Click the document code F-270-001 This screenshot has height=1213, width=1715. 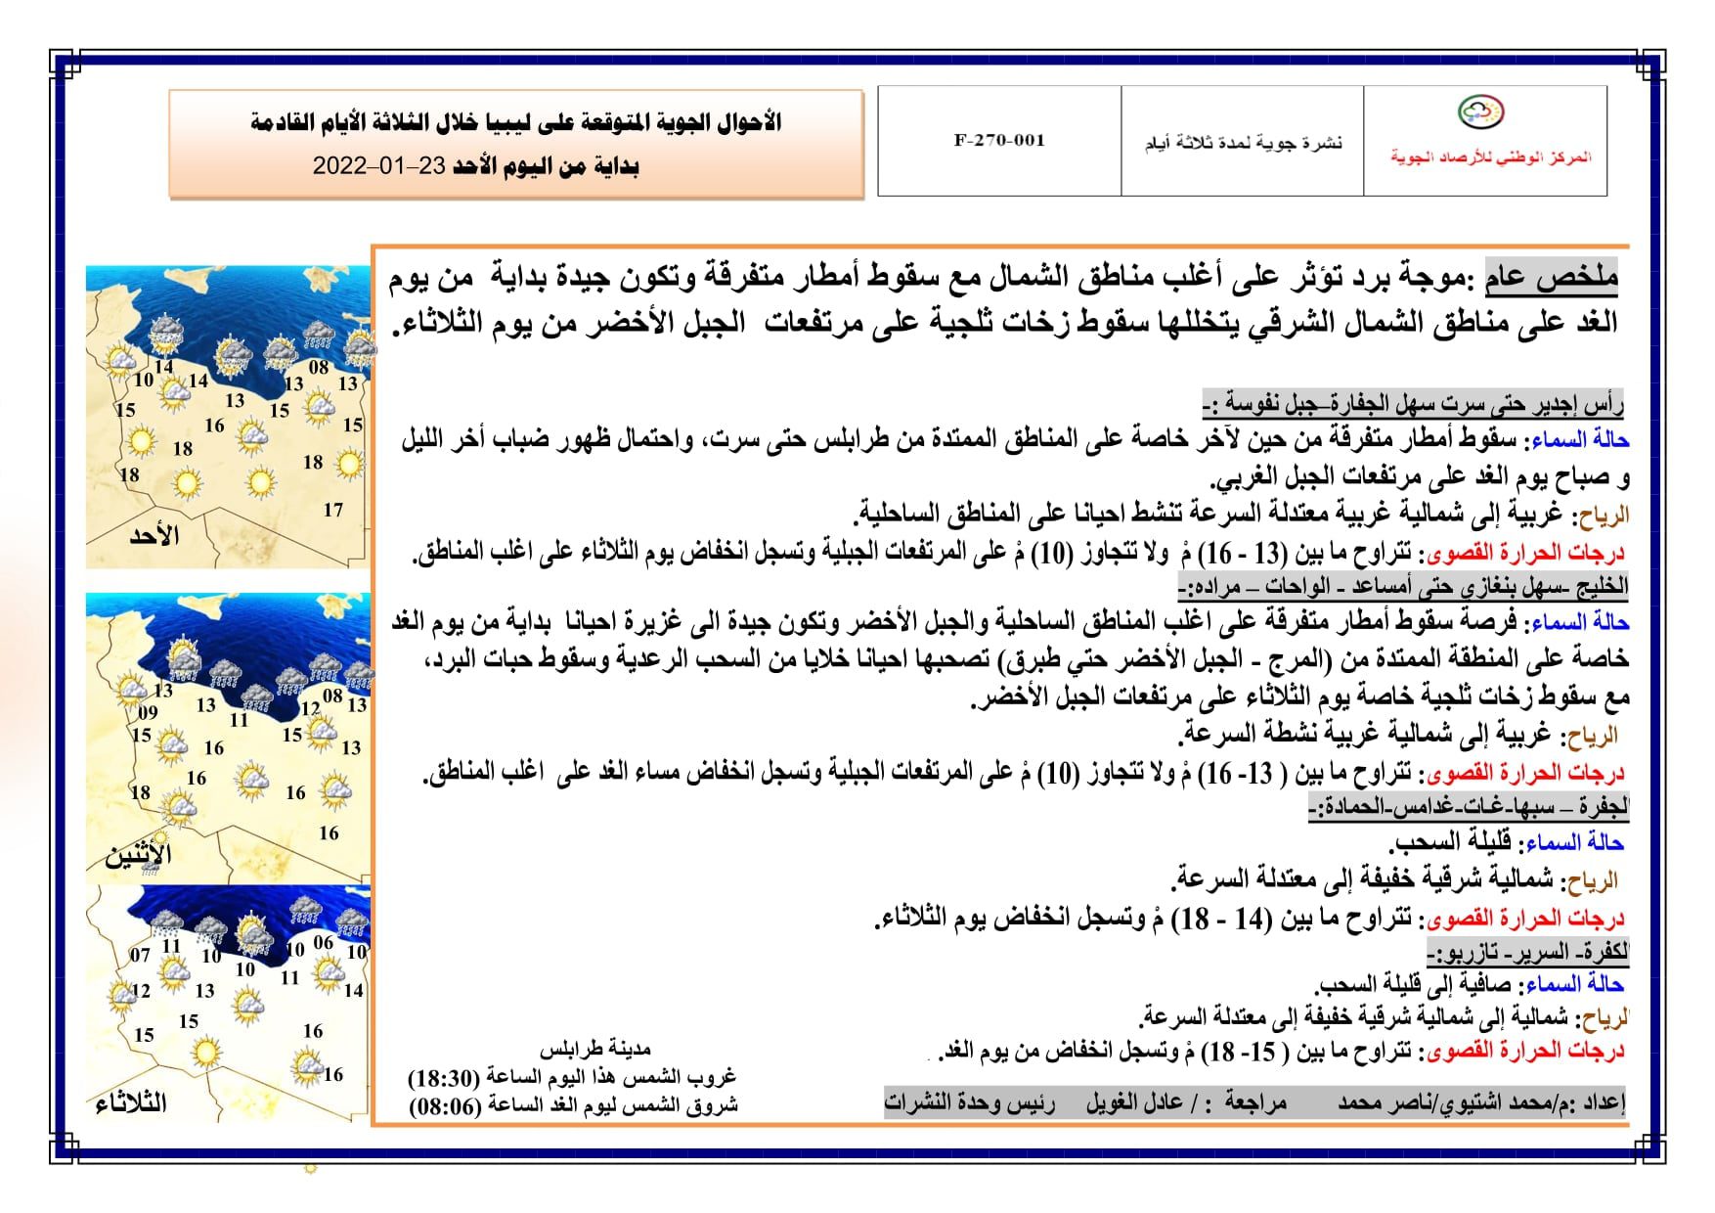999,141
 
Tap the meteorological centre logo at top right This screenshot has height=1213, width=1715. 1481,112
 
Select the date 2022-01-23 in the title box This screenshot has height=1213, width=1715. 377,166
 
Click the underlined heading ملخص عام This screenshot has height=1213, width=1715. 1552,278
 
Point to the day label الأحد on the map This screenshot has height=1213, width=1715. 154,536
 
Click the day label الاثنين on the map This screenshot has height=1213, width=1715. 138,855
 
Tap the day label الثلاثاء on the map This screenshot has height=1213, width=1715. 131,1104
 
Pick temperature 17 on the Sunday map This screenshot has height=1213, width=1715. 333,510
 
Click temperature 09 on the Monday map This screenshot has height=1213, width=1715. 148,712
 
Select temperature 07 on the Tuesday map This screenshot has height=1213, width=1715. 140,955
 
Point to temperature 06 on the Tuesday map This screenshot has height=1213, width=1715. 323,942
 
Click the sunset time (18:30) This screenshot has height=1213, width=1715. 444,1078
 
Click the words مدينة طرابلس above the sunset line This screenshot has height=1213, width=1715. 594,1050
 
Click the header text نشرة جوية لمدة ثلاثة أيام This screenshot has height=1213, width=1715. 1244,144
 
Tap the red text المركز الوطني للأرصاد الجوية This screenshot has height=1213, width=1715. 1491,157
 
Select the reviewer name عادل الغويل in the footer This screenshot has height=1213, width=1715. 1134,1103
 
